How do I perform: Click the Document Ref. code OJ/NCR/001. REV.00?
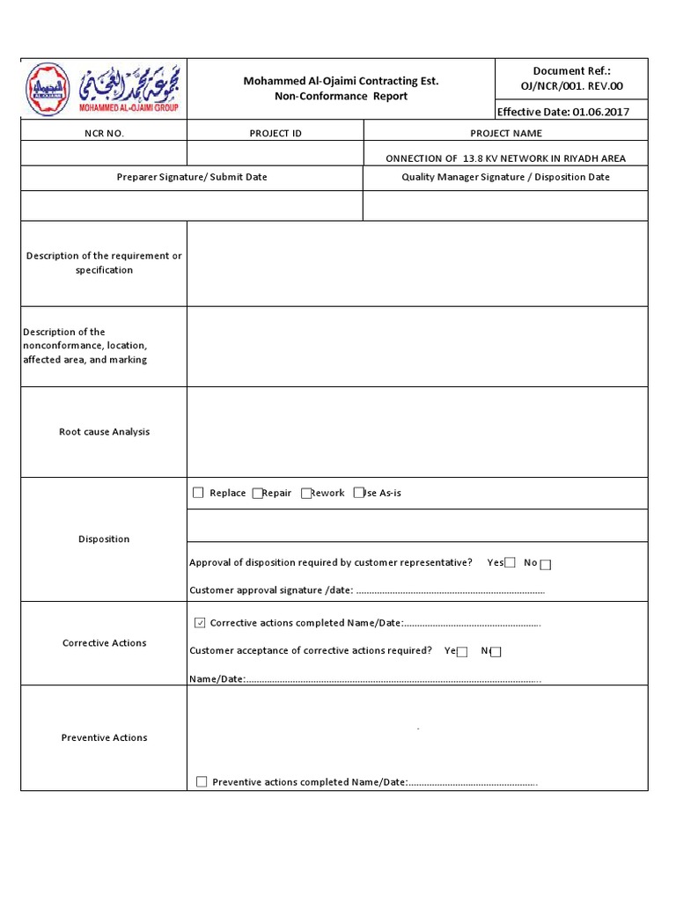pyautogui.click(x=571, y=84)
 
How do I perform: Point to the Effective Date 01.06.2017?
pyautogui.click(x=563, y=112)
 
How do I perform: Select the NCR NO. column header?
pyautogui.click(x=104, y=133)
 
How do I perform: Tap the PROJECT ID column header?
pyautogui.click(x=276, y=133)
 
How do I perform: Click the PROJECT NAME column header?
pyautogui.click(x=506, y=133)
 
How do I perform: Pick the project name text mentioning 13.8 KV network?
pyautogui.click(x=506, y=158)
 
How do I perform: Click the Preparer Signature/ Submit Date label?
pyautogui.click(x=192, y=177)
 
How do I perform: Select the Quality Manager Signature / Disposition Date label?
pyautogui.click(x=506, y=177)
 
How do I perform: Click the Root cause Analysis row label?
pyautogui.click(x=104, y=432)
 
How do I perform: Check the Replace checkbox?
pyautogui.click(x=198, y=493)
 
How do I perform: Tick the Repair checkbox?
pyautogui.click(x=257, y=494)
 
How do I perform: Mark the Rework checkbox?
pyautogui.click(x=305, y=494)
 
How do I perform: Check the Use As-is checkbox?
pyautogui.click(x=358, y=494)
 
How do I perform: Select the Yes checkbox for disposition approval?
pyautogui.click(x=510, y=563)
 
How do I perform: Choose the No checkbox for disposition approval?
pyautogui.click(x=546, y=564)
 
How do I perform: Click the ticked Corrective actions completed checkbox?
pyautogui.click(x=199, y=623)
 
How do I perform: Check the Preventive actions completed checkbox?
pyautogui.click(x=202, y=781)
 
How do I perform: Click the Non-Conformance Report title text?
pyautogui.click(x=341, y=96)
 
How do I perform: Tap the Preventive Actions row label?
pyautogui.click(x=104, y=737)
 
